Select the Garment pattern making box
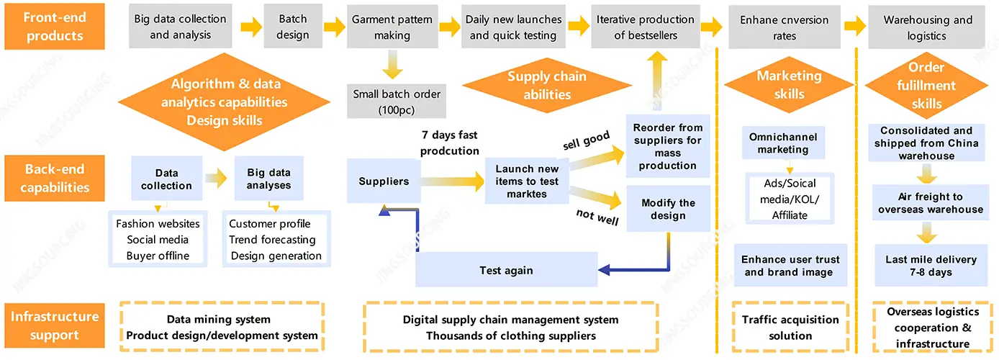point(392,27)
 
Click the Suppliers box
point(384,181)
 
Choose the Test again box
point(507,270)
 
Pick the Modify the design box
point(668,209)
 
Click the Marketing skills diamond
point(790,85)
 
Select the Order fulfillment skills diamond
point(926,86)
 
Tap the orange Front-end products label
point(54,27)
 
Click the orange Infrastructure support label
point(54,325)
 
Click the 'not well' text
point(597,217)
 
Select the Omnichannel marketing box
point(783,143)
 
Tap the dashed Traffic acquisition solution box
point(790,327)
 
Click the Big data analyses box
point(268,179)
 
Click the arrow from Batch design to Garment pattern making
point(334,27)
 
